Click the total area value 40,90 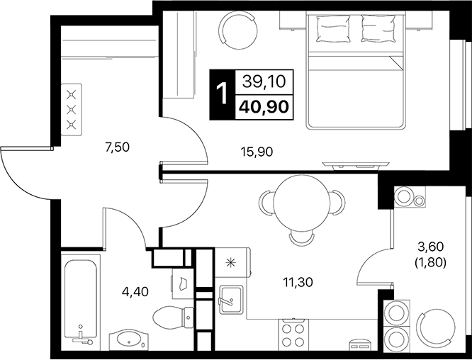(264, 107)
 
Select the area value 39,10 (264, 82)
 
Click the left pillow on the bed (332, 30)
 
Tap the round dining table (301, 201)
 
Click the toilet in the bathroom (171, 315)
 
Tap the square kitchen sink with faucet (231, 301)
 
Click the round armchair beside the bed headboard (237, 30)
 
